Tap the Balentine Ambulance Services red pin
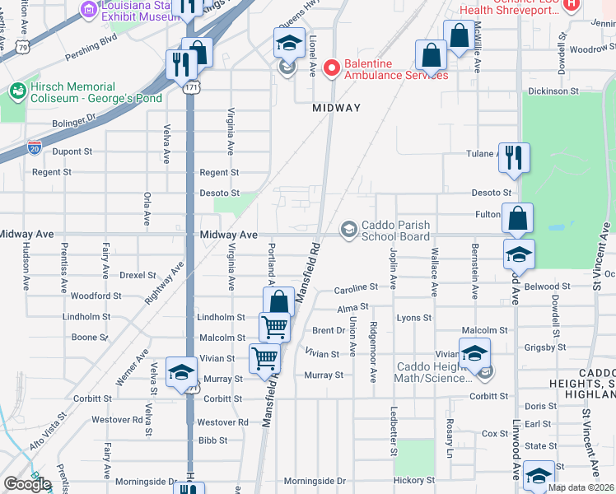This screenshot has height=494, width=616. point(332,68)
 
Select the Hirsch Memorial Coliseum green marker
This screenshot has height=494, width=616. point(16,89)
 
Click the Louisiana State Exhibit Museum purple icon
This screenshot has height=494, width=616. point(88,9)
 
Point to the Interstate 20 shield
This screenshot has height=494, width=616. point(35,147)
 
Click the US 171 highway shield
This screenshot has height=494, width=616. point(190,86)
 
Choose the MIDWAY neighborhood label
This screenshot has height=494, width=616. point(336,108)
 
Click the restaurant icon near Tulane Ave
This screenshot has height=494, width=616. point(514,158)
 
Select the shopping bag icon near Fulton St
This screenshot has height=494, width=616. point(517,219)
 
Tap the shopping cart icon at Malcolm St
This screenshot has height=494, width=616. point(275,326)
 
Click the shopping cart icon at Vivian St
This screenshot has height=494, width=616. point(264,358)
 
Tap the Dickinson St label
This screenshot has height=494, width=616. point(576,91)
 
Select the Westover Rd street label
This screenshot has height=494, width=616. point(223,422)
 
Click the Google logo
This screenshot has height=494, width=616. point(27,484)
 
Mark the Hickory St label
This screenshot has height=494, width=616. point(413,480)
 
